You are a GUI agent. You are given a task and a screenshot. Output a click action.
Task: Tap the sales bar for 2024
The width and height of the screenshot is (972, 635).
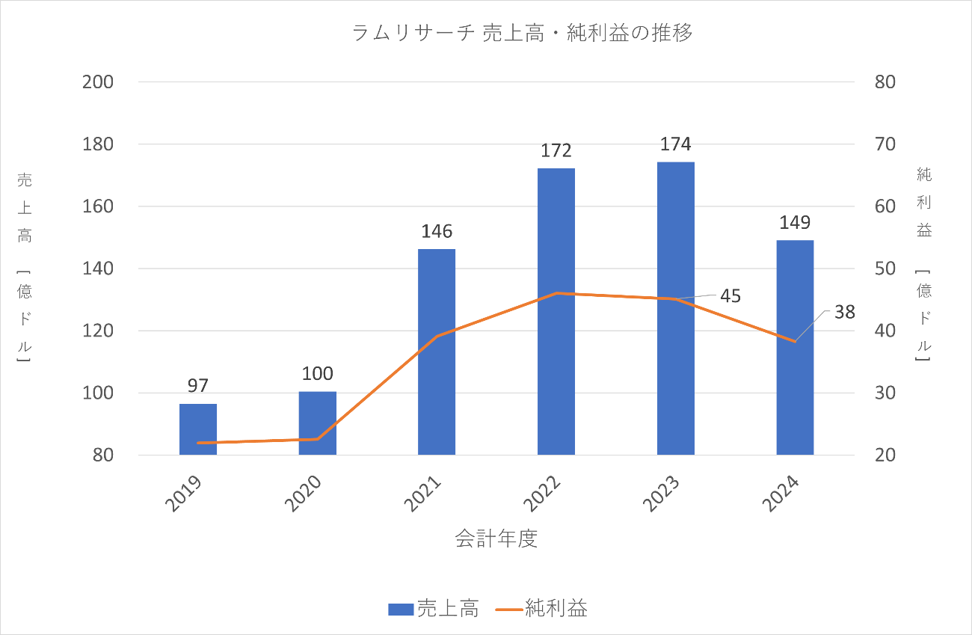coord(795,347)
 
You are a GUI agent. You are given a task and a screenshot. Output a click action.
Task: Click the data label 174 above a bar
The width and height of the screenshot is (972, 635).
coord(676,144)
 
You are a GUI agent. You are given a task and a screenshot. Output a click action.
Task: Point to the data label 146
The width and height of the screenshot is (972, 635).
coord(437,231)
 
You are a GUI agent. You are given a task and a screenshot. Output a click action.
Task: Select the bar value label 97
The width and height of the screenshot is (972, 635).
coord(198,386)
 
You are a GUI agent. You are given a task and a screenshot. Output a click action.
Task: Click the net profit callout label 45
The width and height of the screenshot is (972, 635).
coord(730,295)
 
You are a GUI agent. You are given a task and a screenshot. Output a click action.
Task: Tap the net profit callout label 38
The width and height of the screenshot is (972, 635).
coord(845,312)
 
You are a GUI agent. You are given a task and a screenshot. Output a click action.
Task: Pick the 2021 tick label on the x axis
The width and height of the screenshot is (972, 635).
coord(426,495)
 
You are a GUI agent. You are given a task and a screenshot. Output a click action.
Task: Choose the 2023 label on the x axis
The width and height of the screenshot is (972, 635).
coord(665,495)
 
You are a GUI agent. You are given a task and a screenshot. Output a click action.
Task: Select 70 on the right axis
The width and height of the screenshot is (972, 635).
coord(885,144)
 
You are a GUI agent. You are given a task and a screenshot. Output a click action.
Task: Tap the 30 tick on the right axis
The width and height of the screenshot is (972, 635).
coord(885,393)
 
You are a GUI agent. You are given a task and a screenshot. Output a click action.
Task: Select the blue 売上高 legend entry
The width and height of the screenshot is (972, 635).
coord(434,608)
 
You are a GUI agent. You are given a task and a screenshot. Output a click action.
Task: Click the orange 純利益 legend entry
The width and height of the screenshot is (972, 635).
coord(542,608)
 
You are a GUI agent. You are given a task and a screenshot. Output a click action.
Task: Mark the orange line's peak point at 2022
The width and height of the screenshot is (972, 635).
coord(556,293)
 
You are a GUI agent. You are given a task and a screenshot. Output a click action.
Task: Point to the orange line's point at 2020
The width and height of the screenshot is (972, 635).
coord(318,439)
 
